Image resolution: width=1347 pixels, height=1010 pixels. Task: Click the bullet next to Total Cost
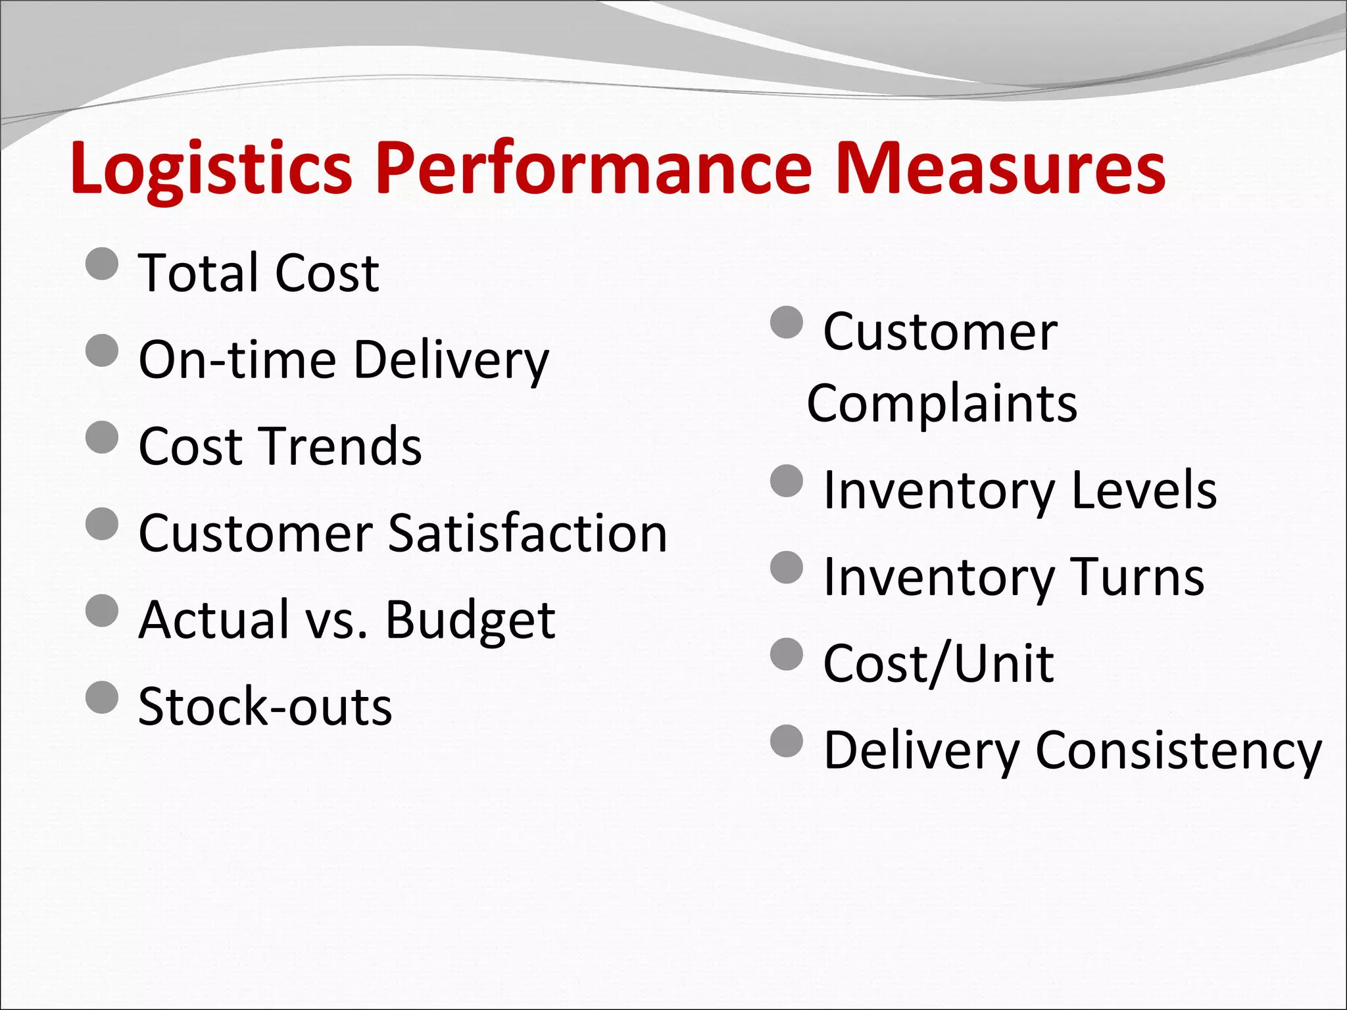pyautogui.click(x=102, y=264)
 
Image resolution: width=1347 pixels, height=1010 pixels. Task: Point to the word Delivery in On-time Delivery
pyautogui.click(x=451, y=360)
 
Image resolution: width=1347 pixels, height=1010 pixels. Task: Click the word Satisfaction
pyautogui.click(x=527, y=533)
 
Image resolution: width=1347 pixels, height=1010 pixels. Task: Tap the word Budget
pyautogui.click(x=470, y=620)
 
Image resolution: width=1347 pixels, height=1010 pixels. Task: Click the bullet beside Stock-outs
pyautogui.click(x=102, y=698)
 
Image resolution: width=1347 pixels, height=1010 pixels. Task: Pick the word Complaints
pyautogui.click(x=942, y=403)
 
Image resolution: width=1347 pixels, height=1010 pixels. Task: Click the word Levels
pyautogui.click(x=1144, y=490)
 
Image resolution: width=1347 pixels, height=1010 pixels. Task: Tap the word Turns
pyautogui.click(x=1137, y=577)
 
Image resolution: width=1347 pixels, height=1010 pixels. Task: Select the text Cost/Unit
pyautogui.click(x=939, y=663)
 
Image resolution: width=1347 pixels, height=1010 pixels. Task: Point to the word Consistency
pyautogui.click(x=1178, y=750)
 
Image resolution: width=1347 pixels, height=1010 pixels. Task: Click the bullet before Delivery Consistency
pyautogui.click(x=787, y=741)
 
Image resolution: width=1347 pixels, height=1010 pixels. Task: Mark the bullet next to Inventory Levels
pyautogui.click(x=787, y=481)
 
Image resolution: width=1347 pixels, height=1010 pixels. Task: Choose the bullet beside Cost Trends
pyautogui.click(x=102, y=437)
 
